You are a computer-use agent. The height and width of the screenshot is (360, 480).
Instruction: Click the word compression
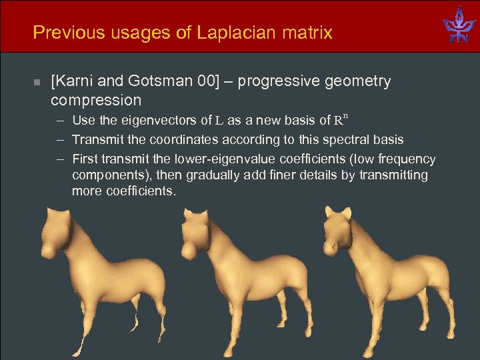coord(96,101)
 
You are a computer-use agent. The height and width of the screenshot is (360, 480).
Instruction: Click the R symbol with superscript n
coord(340,120)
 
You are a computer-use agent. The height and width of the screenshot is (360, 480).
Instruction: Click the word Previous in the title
coord(63,32)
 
